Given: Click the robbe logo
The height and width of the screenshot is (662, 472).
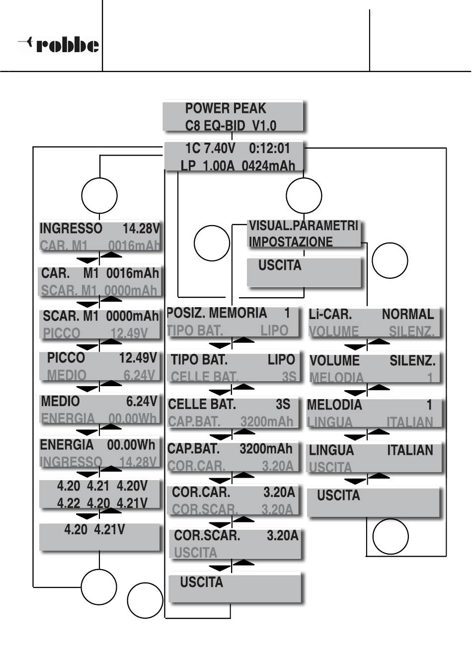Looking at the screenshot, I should click(59, 45).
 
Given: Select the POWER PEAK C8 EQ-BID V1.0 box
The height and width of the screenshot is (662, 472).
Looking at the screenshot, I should click(233, 116).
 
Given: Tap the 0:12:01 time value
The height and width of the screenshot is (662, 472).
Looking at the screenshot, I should click(269, 149).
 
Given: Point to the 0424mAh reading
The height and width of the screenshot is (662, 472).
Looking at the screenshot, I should click(268, 165).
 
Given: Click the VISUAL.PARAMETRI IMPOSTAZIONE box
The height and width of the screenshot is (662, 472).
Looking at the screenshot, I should click(304, 234).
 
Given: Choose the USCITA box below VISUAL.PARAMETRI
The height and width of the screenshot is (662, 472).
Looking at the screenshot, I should click(304, 271).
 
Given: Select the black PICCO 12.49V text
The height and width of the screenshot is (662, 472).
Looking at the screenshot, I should click(101, 358).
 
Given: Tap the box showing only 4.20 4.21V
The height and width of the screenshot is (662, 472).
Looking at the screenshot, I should click(99, 537).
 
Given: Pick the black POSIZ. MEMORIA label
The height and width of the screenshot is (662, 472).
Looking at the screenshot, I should click(217, 313).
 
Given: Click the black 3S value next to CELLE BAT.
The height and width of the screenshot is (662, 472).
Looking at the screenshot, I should click(283, 405).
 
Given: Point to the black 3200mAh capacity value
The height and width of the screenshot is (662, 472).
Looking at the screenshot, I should click(266, 449).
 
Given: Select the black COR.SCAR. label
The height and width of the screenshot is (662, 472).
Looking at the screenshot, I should click(207, 536).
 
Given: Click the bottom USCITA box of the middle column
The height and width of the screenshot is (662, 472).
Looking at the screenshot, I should click(235, 587).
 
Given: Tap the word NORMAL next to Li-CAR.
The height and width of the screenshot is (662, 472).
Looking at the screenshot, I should click(407, 314).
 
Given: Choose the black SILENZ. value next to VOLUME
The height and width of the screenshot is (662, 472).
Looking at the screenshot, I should click(412, 360).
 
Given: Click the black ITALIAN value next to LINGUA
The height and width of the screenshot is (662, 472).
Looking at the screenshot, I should click(410, 450).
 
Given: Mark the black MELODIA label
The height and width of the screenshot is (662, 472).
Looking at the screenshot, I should click(334, 405).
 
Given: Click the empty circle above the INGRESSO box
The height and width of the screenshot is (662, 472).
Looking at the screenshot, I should click(99, 195).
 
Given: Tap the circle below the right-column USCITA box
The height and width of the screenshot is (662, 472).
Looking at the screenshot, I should click(391, 537).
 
